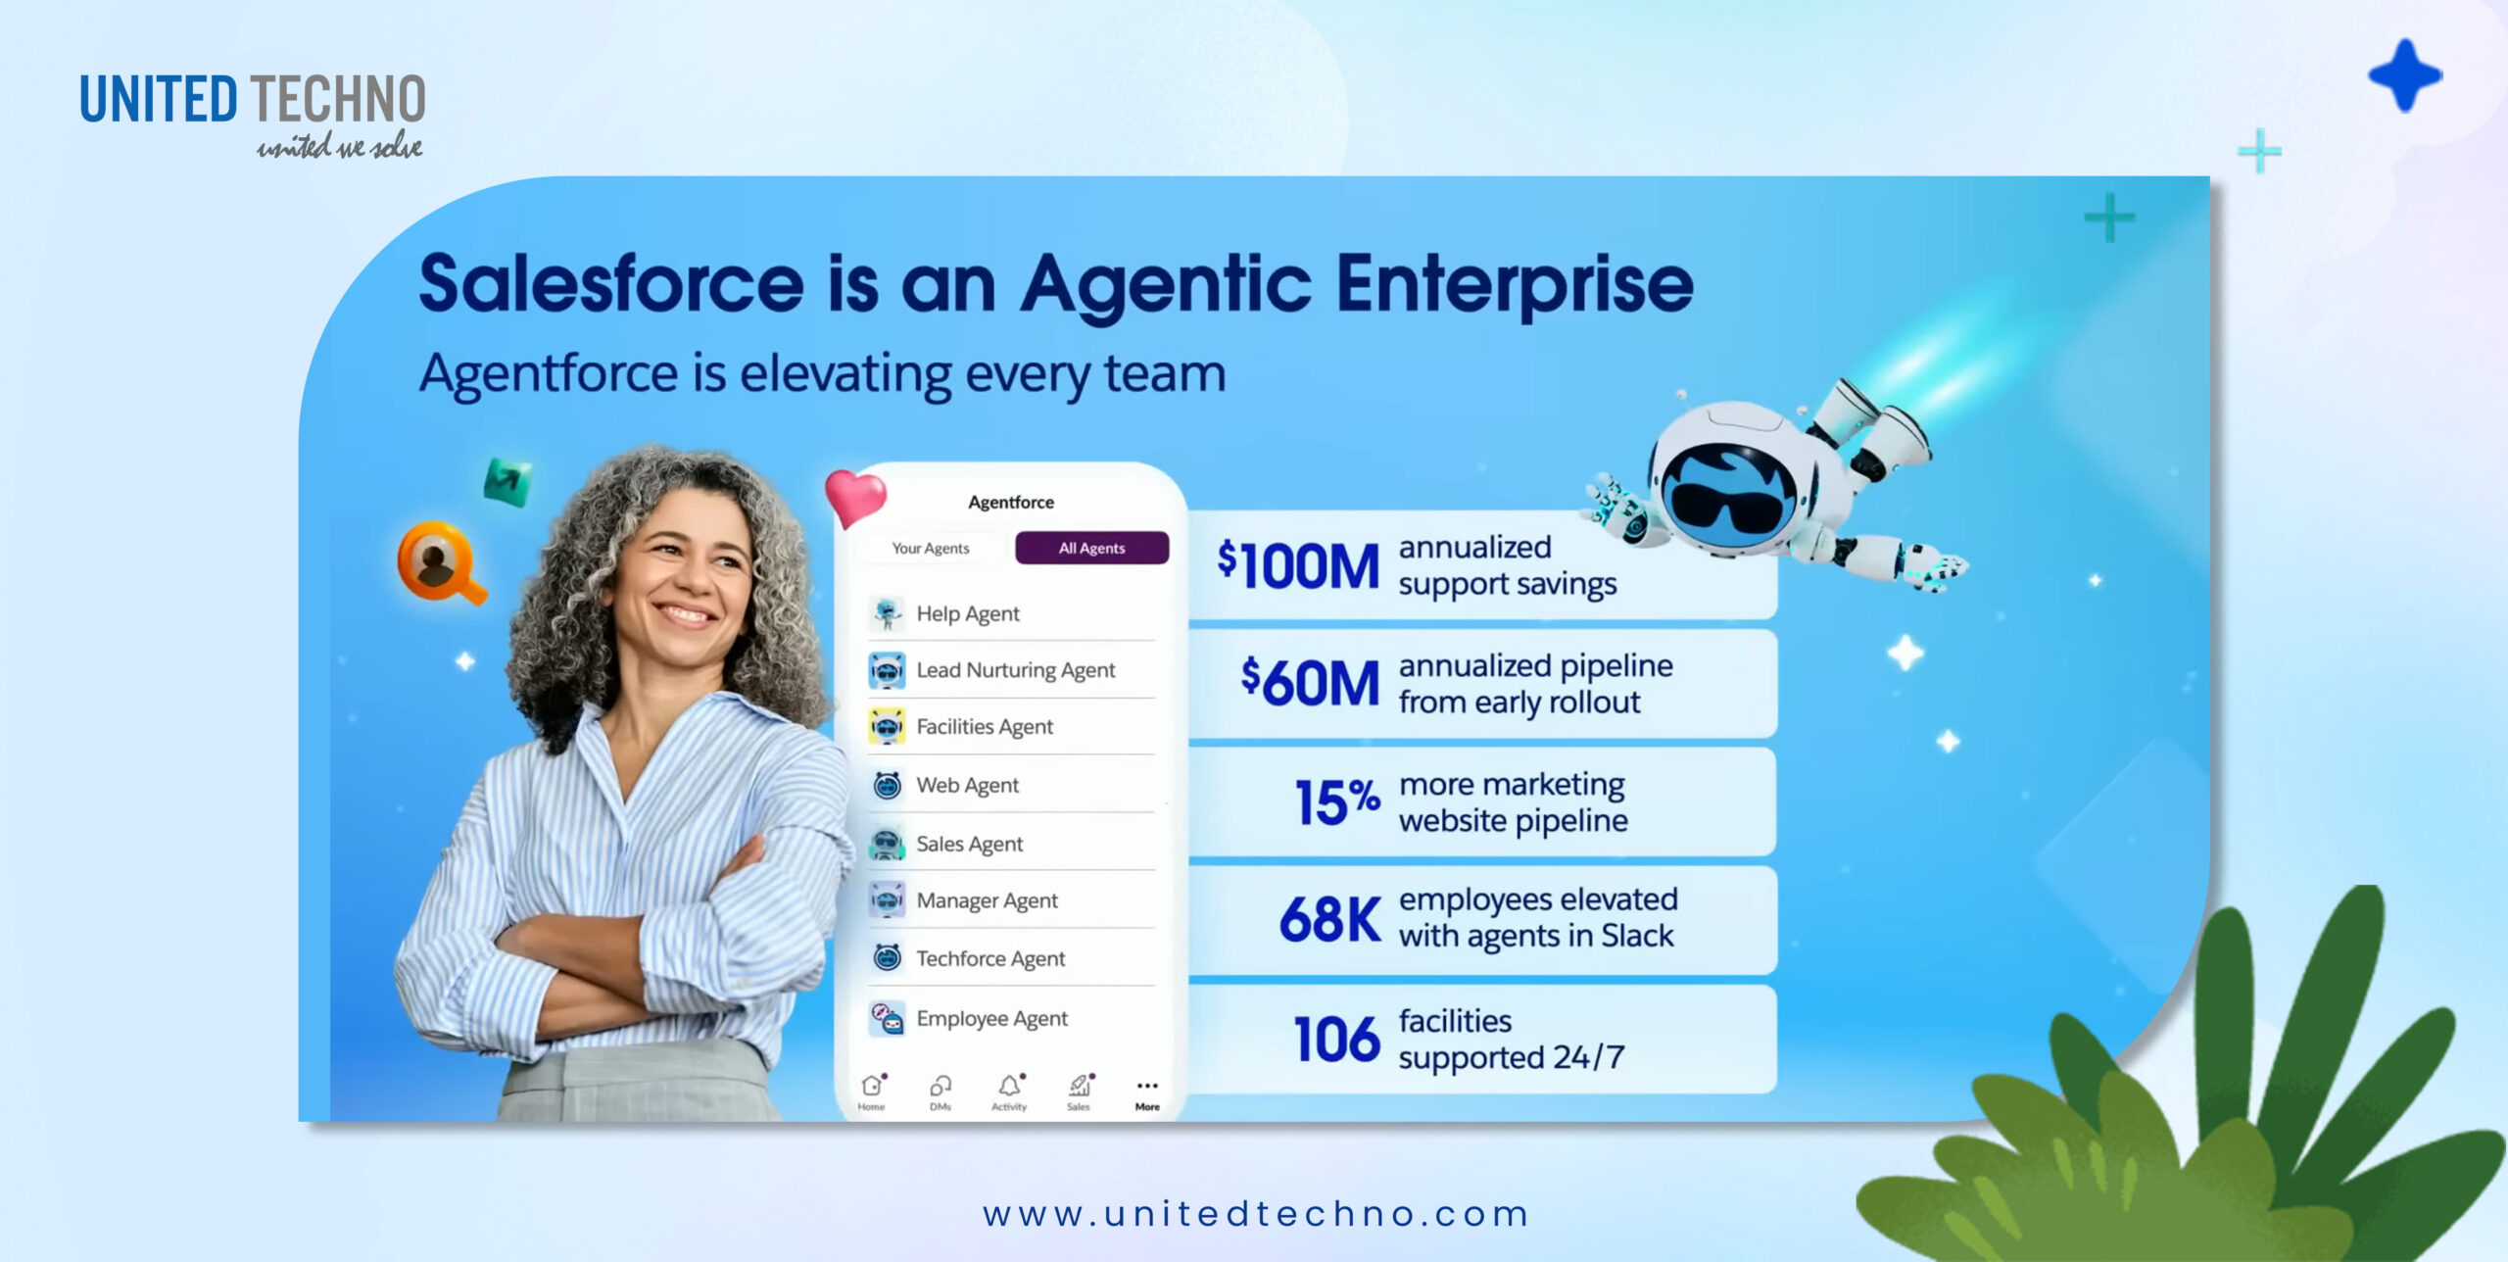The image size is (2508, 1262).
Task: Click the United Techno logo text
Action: pyautogui.click(x=252, y=100)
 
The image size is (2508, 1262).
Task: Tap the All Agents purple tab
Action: pyautogui.click(x=1091, y=548)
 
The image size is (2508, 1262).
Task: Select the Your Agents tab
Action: pyautogui.click(x=930, y=548)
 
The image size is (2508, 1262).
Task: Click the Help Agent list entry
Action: pyautogui.click(x=967, y=613)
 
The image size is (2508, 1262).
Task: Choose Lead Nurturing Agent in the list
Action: pyautogui.click(x=1015, y=670)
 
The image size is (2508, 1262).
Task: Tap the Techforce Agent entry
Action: pyautogui.click(x=989, y=958)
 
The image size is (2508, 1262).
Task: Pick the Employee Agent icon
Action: pyautogui.click(x=888, y=1018)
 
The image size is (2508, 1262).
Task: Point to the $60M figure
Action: pyautogui.click(x=1310, y=682)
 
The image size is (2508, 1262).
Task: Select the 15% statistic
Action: pyautogui.click(x=1336, y=801)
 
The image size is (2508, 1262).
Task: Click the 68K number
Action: pyautogui.click(x=1329, y=919)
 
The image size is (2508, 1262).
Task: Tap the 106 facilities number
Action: pyautogui.click(x=1335, y=1039)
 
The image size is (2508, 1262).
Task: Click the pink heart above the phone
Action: pyautogui.click(x=854, y=495)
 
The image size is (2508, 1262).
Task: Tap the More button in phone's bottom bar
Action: pyautogui.click(x=1147, y=1092)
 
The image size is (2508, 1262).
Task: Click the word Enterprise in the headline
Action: pyautogui.click(x=1515, y=284)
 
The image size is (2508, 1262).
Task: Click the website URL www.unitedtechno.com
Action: pyautogui.click(x=1255, y=1214)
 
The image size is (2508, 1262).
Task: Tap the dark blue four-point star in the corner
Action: pyautogui.click(x=2404, y=75)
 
